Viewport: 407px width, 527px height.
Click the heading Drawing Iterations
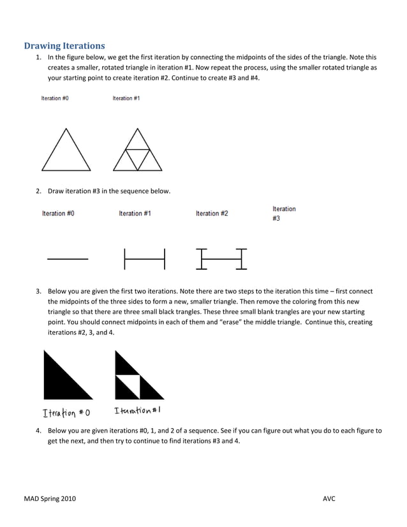pyautogui.click(x=64, y=46)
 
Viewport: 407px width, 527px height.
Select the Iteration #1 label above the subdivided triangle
pyautogui.click(x=126, y=98)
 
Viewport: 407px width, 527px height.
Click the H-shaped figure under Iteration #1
pyautogui.click(x=144, y=258)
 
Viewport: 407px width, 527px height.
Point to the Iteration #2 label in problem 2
pyautogui.click(x=212, y=214)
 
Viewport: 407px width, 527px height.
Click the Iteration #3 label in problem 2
pyautogui.click(x=284, y=213)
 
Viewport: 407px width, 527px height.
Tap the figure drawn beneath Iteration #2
pyautogui.click(x=221, y=258)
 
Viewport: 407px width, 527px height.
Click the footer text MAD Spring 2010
pyautogui.click(x=49, y=498)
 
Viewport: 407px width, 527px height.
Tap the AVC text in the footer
pyautogui.click(x=329, y=498)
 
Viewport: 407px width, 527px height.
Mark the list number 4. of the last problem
pyautogui.click(x=39, y=431)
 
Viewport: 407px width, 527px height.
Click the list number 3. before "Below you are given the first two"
pyautogui.click(x=39, y=292)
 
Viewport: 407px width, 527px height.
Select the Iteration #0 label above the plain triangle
pyautogui.click(x=55, y=98)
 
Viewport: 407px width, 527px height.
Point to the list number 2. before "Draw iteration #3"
pyautogui.click(x=39, y=191)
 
